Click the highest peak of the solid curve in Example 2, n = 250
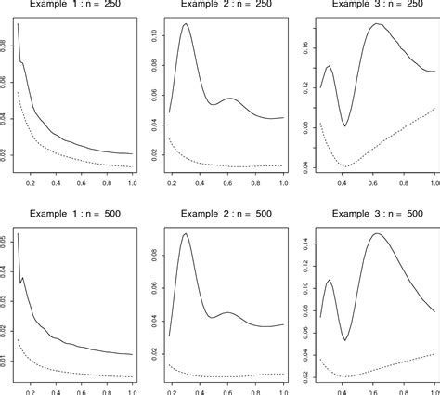click(x=187, y=24)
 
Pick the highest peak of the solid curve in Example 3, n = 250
click(x=376, y=24)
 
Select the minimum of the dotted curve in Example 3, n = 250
click(x=345, y=166)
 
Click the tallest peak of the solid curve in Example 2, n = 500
click(x=187, y=234)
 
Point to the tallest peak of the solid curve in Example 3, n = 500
click(x=377, y=233)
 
